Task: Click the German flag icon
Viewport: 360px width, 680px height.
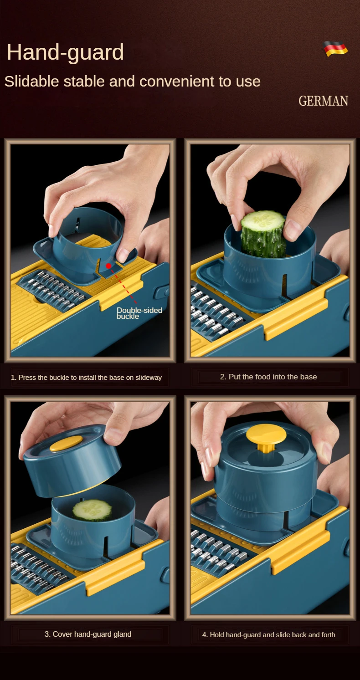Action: pyautogui.click(x=335, y=49)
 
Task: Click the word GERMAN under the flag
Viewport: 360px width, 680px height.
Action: pyautogui.click(x=323, y=101)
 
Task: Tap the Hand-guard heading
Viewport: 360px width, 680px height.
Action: pyautogui.click(x=65, y=52)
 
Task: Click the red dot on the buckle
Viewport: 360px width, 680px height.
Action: pyautogui.click(x=108, y=266)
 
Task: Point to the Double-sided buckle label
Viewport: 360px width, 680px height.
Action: pyautogui.click(x=139, y=313)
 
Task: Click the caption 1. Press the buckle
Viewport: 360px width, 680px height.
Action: pyautogui.click(x=86, y=377)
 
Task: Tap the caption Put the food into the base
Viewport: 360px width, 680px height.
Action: pyautogui.click(x=268, y=377)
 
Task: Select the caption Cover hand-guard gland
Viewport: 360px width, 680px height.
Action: pyautogui.click(x=88, y=634)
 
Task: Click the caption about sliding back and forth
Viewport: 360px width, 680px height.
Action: pyautogui.click(x=268, y=635)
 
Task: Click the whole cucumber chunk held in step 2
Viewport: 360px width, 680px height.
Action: pyautogui.click(x=263, y=234)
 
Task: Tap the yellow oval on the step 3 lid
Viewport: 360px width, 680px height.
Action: pyautogui.click(x=66, y=444)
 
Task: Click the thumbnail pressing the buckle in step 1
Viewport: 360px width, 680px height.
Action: pyautogui.click(x=123, y=255)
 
